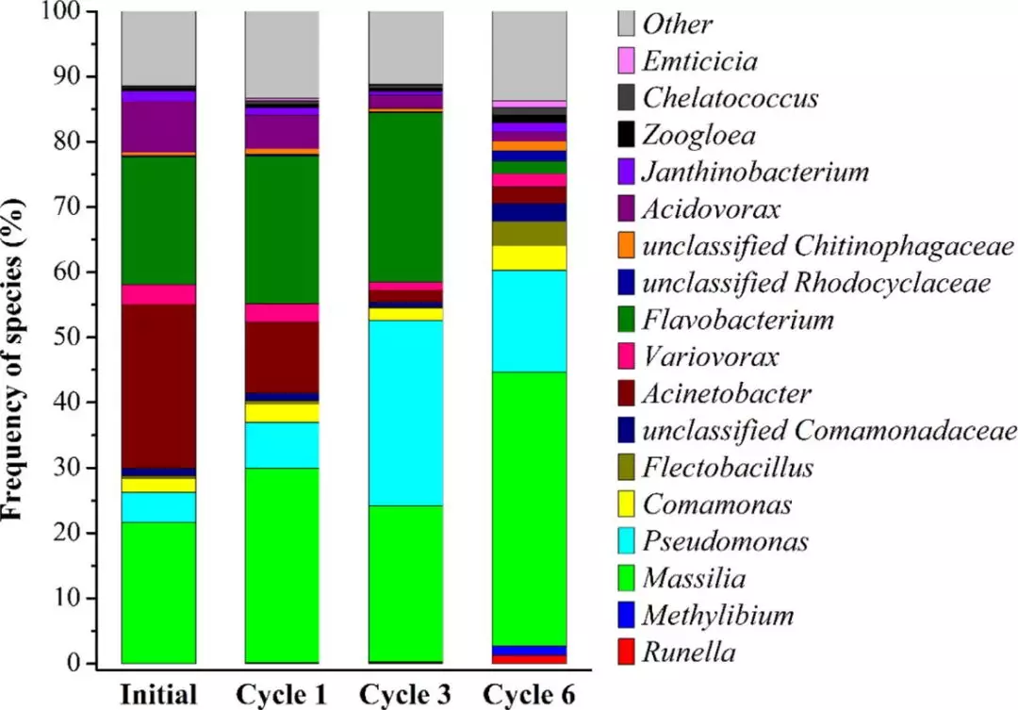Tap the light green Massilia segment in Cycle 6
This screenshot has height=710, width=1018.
coord(529,508)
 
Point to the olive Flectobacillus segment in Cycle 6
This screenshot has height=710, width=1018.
coord(529,233)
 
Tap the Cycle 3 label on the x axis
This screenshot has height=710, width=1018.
coord(405,695)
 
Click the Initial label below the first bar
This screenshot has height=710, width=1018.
coord(159,695)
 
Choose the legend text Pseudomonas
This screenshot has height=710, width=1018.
coord(725,541)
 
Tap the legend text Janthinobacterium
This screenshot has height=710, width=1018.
coord(755,172)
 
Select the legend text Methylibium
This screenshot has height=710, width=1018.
coord(717,616)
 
